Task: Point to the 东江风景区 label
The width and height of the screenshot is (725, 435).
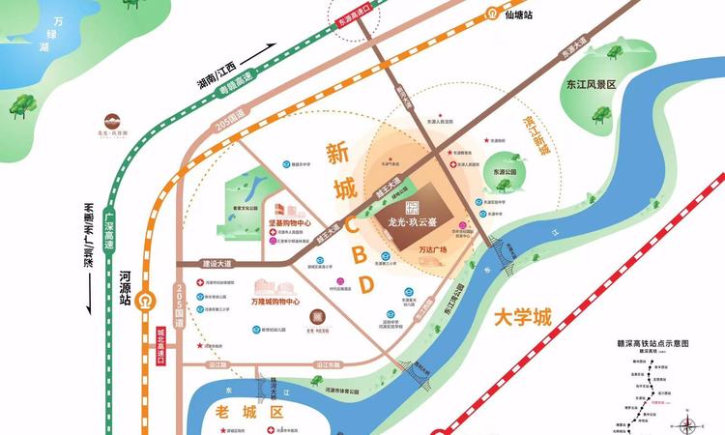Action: [592, 84]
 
